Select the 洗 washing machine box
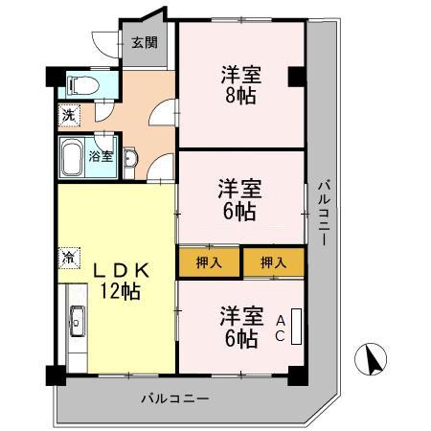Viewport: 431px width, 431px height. (x=68, y=115)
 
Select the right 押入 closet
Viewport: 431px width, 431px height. (x=273, y=261)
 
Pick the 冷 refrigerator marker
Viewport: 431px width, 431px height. (x=69, y=256)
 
